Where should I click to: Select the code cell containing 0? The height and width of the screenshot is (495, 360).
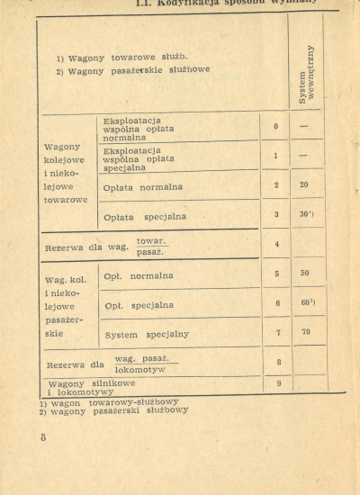click(x=276, y=127)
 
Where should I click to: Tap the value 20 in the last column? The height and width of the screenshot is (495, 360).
click(x=304, y=184)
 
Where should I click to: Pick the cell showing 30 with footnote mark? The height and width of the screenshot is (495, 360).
click(x=306, y=214)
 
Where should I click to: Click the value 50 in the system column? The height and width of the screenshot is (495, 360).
click(x=305, y=273)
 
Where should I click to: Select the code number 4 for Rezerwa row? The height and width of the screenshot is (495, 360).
click(x=277, y=244)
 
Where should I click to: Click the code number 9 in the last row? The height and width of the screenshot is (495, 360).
click(x=277, y=384)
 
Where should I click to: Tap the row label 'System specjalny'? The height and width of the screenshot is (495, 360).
click(x=147, y=334)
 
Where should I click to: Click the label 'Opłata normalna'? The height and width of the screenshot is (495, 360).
click(x=143, y=187)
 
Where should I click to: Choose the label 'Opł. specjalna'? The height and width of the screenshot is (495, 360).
click(x=139, y=305)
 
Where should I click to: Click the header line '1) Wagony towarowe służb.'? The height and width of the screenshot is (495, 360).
click(x=121, y=58)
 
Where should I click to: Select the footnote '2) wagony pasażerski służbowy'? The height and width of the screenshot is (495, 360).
click(x=113, y=410)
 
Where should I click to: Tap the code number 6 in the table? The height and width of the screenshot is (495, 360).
click(x=277, y=303)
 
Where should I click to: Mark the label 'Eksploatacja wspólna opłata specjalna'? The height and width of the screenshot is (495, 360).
click(x=135, y=158)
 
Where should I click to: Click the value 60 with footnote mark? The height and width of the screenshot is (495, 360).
click(x=307, y=302)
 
